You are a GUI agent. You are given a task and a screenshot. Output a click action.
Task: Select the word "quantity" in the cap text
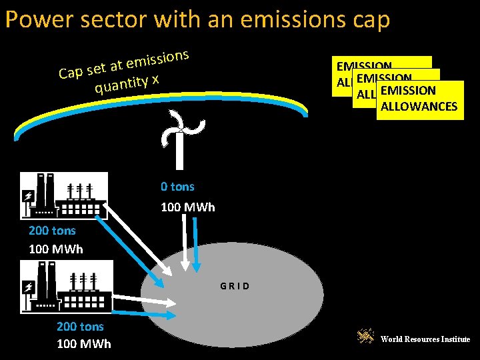pyautogui.click(x=121, y=85)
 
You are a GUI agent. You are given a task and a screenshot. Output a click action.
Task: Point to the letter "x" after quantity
pyautogui.click(x=155, y=79)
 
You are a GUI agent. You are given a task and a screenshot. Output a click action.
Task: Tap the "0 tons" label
pyautogui.click(x=177, y=187)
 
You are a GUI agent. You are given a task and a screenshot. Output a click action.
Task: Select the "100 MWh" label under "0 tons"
pyautogui.click(x=188, y=207)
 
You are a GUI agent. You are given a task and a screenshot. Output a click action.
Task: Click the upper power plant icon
pyautogui.click(x=64, y=195)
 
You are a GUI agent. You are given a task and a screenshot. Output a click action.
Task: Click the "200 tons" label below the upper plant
pyautogui.click(x=52, y=231)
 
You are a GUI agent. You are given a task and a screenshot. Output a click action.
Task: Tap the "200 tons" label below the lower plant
pyautogui.click(x=80, y=327)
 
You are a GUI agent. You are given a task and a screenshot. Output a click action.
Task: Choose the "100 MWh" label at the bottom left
pyautogui.click(x=84, y=344)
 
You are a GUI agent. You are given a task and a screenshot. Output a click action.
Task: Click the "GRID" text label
pyautogui.click(x=235, y=286)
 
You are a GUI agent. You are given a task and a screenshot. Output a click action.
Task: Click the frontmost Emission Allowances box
pyautogui.click(x=419, y=100)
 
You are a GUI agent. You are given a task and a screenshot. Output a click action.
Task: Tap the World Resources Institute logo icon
pyautogui.click(x=366, y=337)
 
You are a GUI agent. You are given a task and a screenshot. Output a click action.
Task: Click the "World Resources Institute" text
pyautogui.click(x=425, y=339)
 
